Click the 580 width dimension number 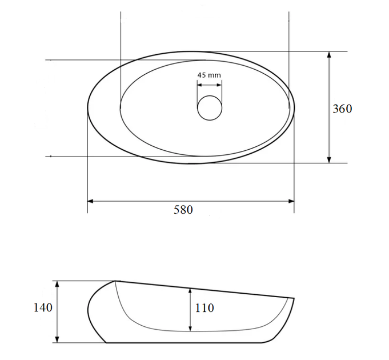pyautogui.click(x=183, y=210)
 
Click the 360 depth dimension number pyautogui.click(x=342, y=109)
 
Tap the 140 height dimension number pyautogui.click(x=43, y=307)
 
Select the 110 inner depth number pyautogui.click(x=204, y=308)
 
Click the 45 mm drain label pyautogui.click(x=209, y=75)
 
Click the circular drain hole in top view pyautogui.click(x=210, y=108)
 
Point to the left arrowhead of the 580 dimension pyautogui.click(x=90, y=201)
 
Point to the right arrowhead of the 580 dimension pyautogui.click(x=291, y=201)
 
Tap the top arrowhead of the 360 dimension pyautogui.click(x=329, y=55)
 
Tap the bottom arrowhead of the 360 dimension pyautogui.click(x=329, y=160)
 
